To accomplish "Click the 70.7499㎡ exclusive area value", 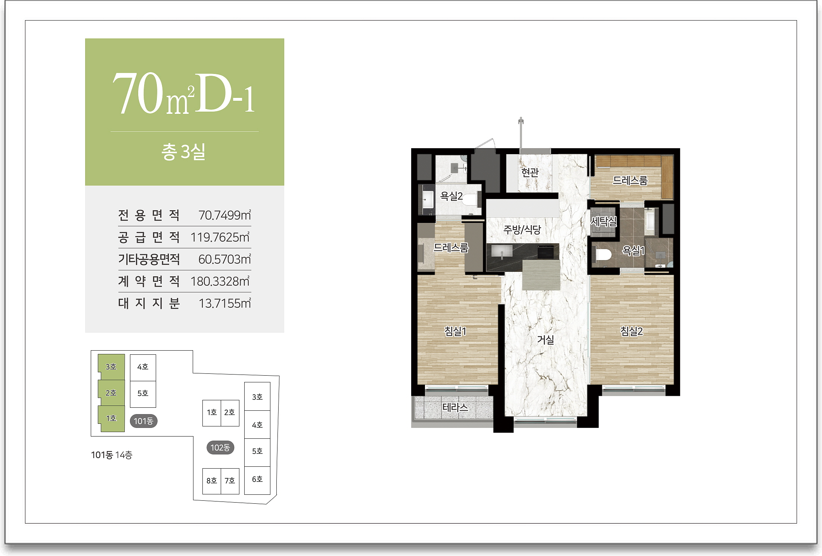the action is (x=224, y=215).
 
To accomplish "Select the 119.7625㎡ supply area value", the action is (x=220, y=237).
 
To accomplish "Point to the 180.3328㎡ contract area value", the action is (x=220, y=282).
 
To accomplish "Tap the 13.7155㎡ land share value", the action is (x=224, y=303).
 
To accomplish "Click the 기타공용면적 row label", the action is (x=149, y=259).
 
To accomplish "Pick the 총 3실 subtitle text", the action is (x=183, y=152).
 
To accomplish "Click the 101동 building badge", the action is (x=143, y=421).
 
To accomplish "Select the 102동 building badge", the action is (x=220, y=447).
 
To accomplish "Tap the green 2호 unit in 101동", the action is (x=111, y=393).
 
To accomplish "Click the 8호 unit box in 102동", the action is (x=212, y=481).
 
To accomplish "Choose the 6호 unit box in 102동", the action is (x=257, y=480).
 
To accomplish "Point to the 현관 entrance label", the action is (x=530, y=172).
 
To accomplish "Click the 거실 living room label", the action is (x=546, y=339).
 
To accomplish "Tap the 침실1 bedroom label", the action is (x=455, y=331).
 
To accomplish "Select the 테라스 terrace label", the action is (x=455, y=407).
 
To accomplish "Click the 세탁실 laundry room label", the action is (x=604, y=222).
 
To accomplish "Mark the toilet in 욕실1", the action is (x=603, y=255).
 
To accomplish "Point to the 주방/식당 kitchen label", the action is (x=522, y=230).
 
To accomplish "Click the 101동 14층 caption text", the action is (x=112, y=455).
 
